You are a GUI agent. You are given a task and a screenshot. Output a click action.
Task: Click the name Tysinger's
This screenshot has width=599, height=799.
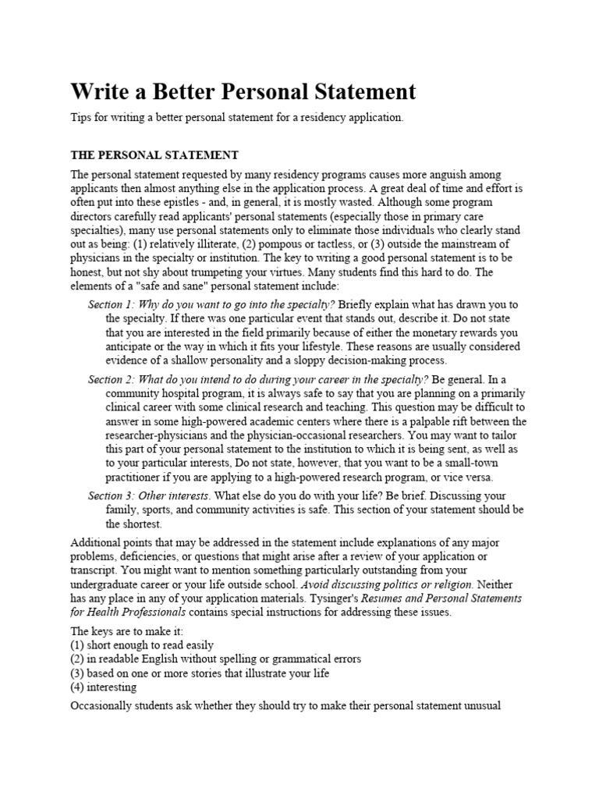pyautogui.click(x=360, y=598)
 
